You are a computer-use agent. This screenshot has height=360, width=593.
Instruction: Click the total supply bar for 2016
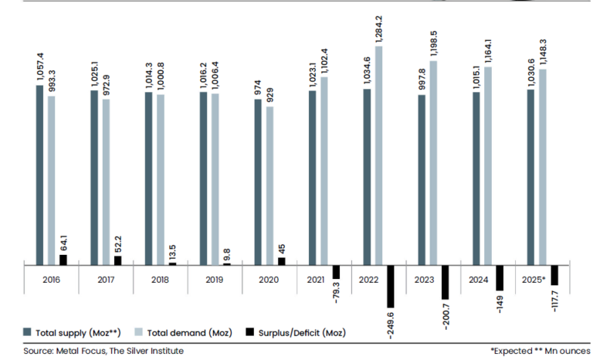pyautogui.click(x=39, y=174)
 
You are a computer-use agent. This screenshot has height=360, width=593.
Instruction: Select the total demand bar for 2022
pyautogui.click(x=378, y=155)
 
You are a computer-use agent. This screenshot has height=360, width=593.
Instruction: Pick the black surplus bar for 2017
pyautogui.click(x=117, y=260)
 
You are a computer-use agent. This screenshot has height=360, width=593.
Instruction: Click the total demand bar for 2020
pyautogui.click(x=269, y=185)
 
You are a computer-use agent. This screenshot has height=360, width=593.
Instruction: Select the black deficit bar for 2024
pyautogui.click(x=500, y=277)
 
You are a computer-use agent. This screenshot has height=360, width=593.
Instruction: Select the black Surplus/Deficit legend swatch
pyautogui.click(x=249, y=332)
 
